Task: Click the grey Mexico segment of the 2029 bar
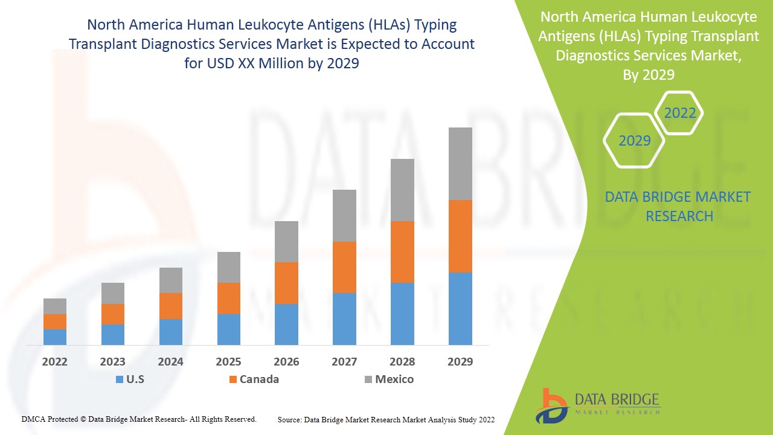point(460,164)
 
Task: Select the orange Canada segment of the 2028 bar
point(402,252)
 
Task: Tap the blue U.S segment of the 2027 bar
point(344,319)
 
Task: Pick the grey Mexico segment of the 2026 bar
point(286,242)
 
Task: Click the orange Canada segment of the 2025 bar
point(229,298)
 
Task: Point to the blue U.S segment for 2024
point(171,332)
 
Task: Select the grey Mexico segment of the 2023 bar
point(113,293)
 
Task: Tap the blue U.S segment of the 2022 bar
point(55,337)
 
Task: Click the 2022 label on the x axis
point(55,362)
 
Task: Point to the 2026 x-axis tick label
point(286,362)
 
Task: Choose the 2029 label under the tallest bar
point(460,362)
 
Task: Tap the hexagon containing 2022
point(679,113)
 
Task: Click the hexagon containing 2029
point(634,141)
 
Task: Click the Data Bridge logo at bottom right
point(598,405)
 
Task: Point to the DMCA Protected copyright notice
point(139,419)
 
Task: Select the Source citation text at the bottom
point(386,419)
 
